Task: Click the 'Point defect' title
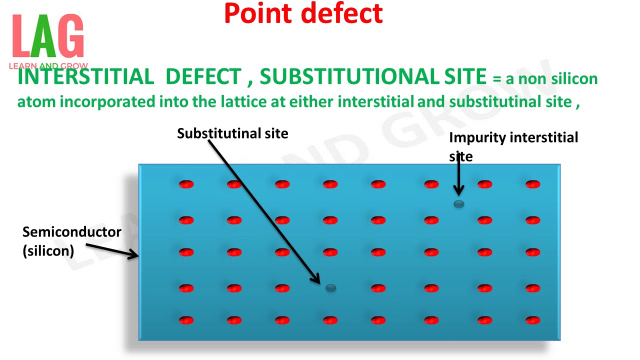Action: [303, 13]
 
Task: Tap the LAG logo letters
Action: [48, 36]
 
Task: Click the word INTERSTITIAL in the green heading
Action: [85, 76]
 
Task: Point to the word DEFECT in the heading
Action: [203, 76]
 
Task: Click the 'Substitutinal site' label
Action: [232, 133]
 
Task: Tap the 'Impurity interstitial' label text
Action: [513, 137]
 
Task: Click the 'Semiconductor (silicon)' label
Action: [71, 241]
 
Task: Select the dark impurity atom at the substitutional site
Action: [330, 287]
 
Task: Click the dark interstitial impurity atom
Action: [458, 203]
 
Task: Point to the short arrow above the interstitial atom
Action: [458, 175]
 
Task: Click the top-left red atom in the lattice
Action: [186, 184]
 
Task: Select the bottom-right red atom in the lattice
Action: [533, 320]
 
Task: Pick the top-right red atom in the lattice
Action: [533, 184]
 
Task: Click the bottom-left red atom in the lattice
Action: [186, 320]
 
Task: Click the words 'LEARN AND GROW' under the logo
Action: [48, 66]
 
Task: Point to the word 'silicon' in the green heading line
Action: [574, 79]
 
